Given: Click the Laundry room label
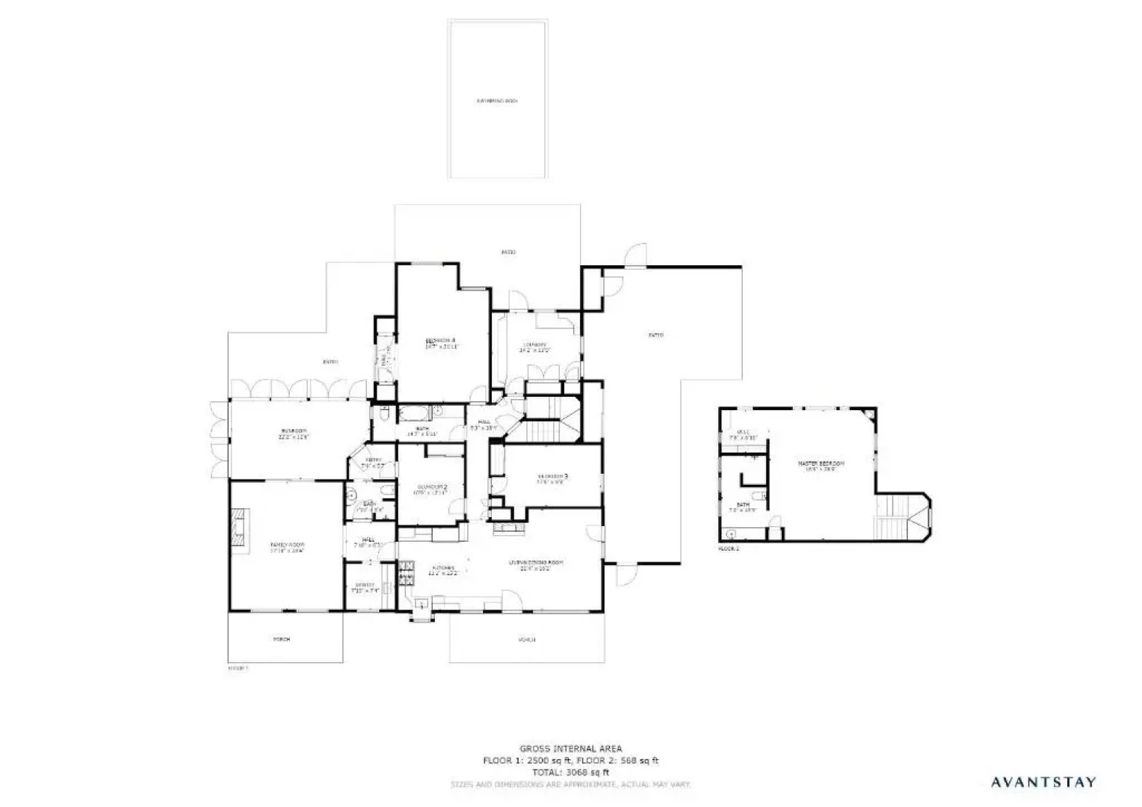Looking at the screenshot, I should point(534,344).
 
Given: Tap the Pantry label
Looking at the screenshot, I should point(365,585).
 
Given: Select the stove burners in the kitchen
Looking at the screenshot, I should point(407,576).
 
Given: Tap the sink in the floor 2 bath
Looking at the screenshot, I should point(730,534).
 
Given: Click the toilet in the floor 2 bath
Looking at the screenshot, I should point(758,497).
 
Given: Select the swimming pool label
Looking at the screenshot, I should point(497,101).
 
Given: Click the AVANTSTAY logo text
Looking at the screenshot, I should point(1043,782).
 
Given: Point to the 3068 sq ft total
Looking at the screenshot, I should point(570,773).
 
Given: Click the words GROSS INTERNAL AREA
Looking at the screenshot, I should point(570,748).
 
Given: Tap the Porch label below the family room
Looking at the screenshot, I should point(282,639).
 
